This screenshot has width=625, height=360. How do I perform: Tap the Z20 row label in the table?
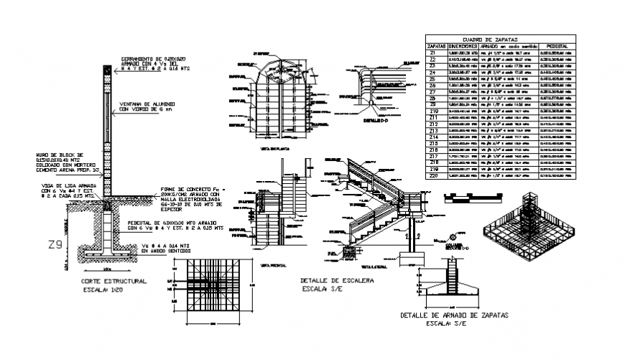[x=433, y=175]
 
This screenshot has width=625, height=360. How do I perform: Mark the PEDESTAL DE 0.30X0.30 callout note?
[x=174, y=226]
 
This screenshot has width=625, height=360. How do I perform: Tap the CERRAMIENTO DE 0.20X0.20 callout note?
[x=152, y=64]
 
